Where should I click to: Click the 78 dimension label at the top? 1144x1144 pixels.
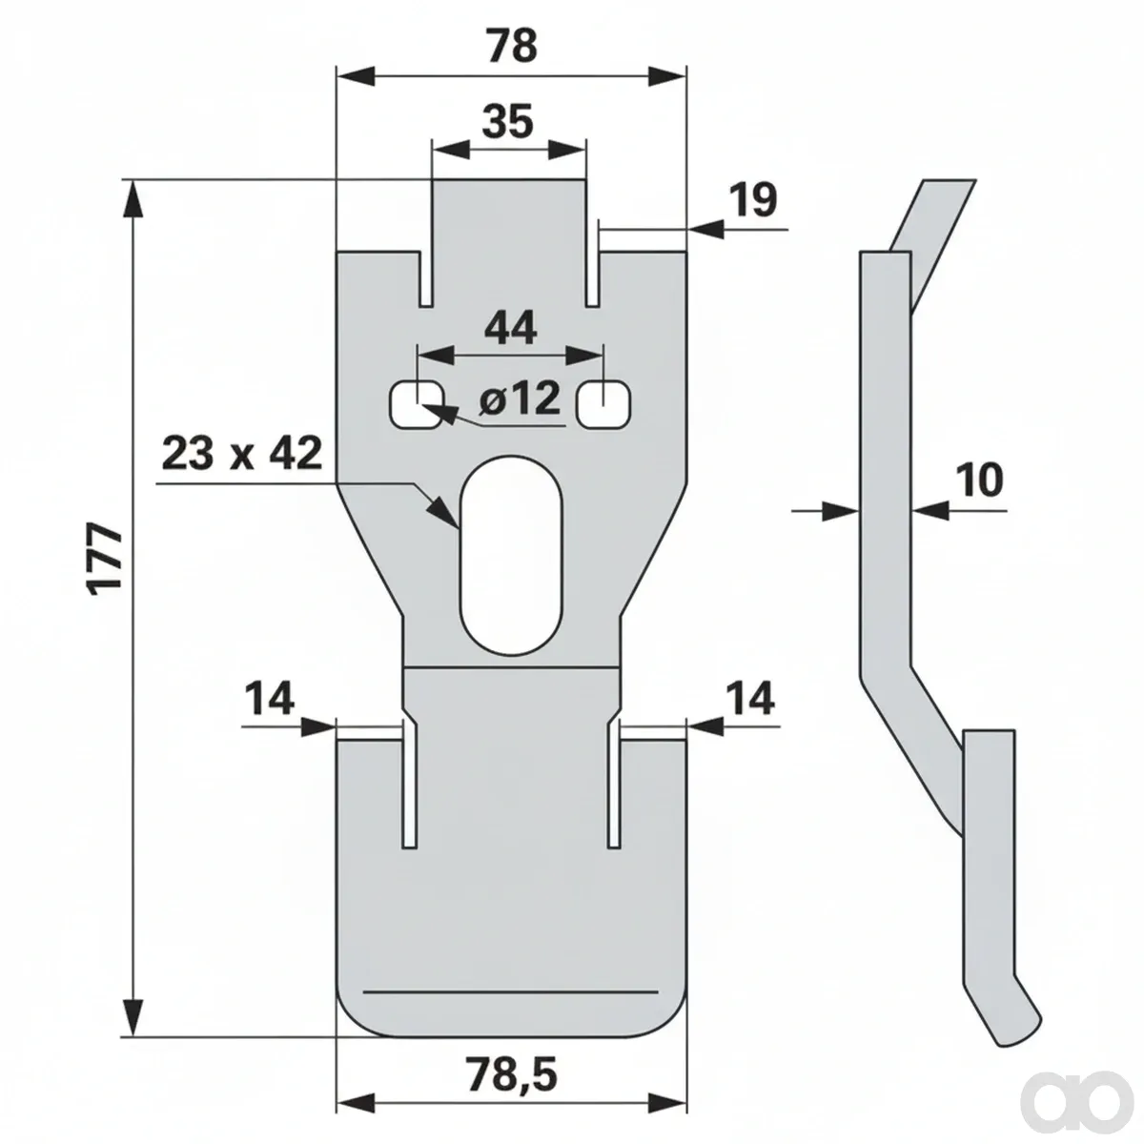(512, 46)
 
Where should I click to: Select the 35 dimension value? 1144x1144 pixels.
(507, 122)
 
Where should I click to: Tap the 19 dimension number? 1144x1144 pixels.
(753, 200)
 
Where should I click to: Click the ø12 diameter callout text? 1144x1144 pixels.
(521, 398)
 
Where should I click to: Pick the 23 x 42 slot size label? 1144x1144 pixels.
(242, 454)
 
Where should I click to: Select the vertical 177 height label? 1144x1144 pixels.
(105, 559)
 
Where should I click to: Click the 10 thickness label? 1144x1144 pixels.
(980, 480)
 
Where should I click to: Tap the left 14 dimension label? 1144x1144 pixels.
(269, 699)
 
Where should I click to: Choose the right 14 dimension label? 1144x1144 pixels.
(750, 699)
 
